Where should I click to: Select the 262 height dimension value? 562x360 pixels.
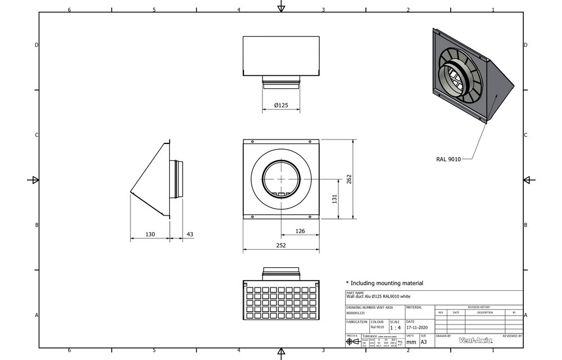click(x=348, y=179)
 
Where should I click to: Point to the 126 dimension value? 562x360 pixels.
click(x=300, y=231)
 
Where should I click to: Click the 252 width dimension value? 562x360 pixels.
click(x=280, y=245)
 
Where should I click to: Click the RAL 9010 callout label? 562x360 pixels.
click(x=448, y=159)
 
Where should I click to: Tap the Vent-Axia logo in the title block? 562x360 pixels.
click(x=475, y=340)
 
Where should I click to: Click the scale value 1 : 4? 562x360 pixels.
click(x=395, y=327)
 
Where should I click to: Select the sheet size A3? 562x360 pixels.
click(x=424, y=341)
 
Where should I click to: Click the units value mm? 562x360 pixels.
click(x=411, y=341)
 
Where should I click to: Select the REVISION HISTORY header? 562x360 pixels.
click(x=479, y=308)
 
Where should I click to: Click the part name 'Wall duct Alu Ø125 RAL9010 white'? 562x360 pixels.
click(x=378, y=296)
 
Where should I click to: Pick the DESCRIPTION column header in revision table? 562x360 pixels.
click(x=485, y=312)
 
